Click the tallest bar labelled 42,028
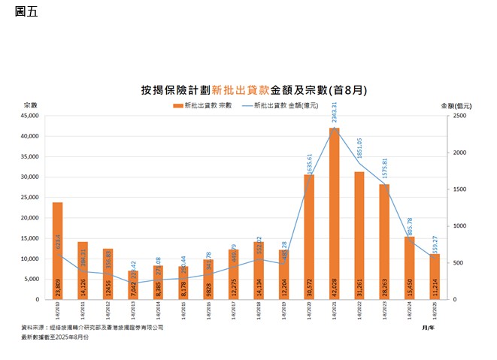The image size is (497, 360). coord(335,214)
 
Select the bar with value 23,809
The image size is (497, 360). coord(58,251)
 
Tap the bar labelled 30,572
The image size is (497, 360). coord(309,237)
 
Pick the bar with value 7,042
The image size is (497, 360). coord(133,285)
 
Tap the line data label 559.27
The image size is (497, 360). coord(435,247)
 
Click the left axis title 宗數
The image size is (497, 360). coord(30,104)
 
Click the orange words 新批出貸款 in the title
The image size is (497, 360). coord(237,89)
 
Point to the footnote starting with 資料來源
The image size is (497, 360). coord(92,328)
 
